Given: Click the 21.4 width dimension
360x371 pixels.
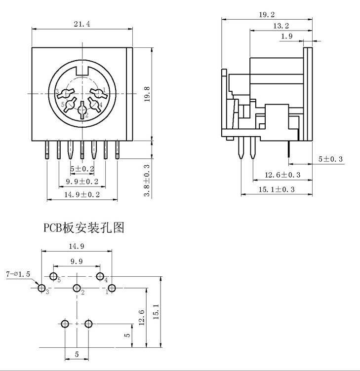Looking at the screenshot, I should [x=81, y=24].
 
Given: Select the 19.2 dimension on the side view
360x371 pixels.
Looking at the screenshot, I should [x=267, y=15].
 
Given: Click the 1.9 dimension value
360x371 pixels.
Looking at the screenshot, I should [x=287, y=36].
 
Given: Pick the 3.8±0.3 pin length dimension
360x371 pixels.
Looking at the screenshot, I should [x=147, y=181].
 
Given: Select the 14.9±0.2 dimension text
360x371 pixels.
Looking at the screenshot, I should [x=82, y=195].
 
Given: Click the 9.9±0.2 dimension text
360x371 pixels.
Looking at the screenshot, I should [x=82, y=182].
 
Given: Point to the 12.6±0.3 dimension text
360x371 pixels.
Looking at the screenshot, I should [x=282, y=175].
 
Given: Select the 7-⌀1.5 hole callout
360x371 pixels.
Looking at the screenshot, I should [x=18, y=273].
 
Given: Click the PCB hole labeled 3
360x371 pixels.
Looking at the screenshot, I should [x=41, y=288].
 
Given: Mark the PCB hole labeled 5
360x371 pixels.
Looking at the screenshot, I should [x=53, y=276].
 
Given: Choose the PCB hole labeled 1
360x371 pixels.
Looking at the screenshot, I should [x=112, y=288].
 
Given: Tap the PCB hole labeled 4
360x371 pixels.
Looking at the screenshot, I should [x=100, y=276].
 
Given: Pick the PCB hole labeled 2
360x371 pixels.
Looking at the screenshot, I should [x=77, y=288].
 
